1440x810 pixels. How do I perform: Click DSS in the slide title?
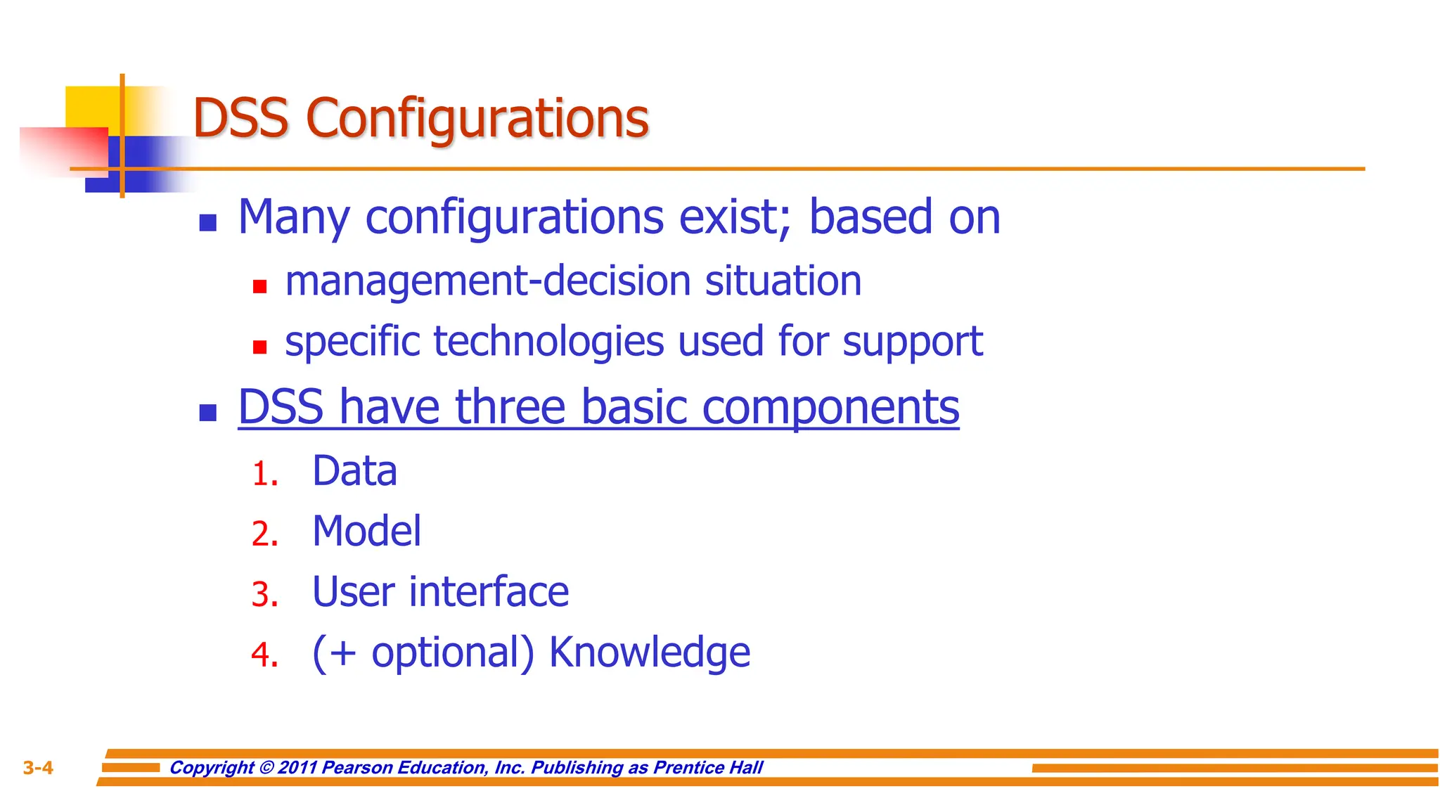coord(240,118)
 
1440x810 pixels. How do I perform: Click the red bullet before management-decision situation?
coord(259,286)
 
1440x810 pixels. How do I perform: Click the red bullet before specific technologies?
coord(259,347)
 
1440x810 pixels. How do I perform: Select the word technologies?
coord(548,342)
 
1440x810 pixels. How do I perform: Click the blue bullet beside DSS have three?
coord(207,413)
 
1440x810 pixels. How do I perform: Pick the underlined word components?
coord(830,407)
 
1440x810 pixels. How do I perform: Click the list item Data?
coord(354,470)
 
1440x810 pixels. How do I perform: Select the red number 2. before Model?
coord(264,534)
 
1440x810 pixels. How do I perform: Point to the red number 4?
coord(264,655)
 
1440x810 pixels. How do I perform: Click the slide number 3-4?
coord(38,768)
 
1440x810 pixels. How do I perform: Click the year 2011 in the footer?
coord(297,767)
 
